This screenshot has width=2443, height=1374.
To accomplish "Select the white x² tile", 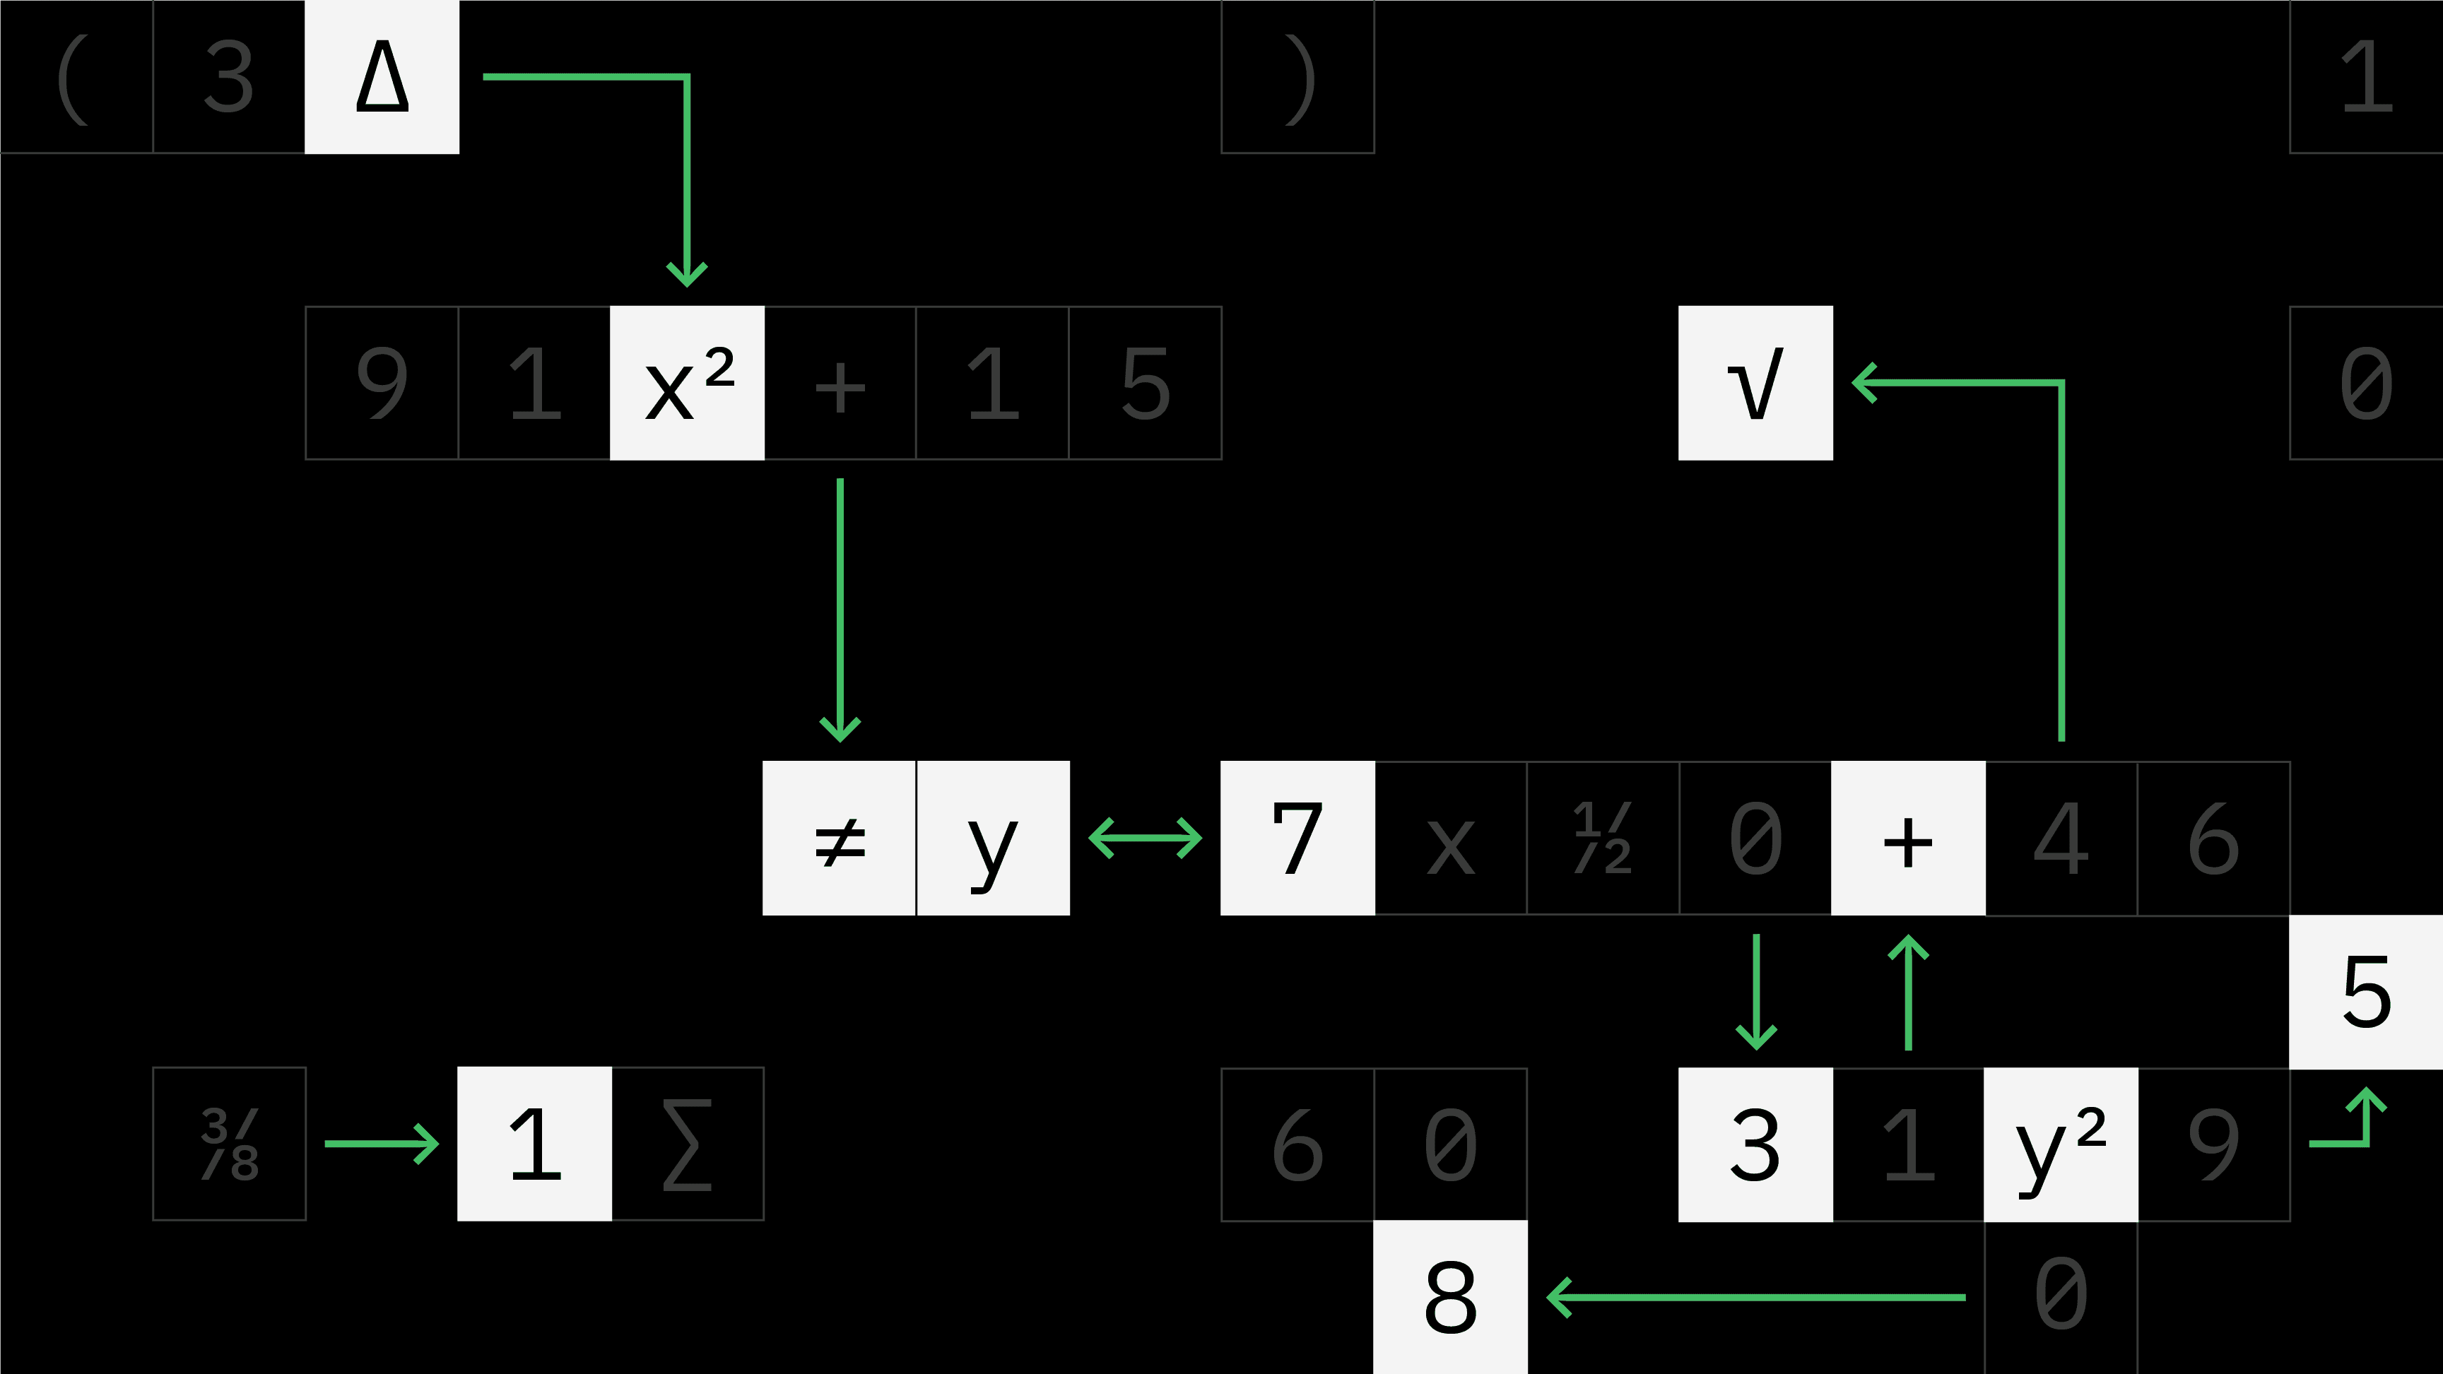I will [687, 383].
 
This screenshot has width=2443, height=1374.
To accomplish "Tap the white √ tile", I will [1755, 383].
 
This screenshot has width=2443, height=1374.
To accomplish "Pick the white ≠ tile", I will [840, 839].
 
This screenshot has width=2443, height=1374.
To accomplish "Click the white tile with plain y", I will [993, 839].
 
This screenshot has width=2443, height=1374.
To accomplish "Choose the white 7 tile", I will [1297, 839].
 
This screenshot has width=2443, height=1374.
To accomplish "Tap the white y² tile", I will [2060, 1144].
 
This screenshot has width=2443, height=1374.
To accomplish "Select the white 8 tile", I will [1450, 1296].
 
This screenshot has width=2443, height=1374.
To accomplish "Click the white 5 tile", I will [2366, 992].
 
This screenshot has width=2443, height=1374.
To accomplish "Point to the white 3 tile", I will [1755, 1144].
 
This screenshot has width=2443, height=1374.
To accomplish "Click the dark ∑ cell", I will [688, 1144].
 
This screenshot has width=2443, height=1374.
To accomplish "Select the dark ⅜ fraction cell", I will [230, 1144].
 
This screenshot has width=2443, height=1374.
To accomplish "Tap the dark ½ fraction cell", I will [1603, 839].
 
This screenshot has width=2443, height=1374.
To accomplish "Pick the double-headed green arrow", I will [1146, 839].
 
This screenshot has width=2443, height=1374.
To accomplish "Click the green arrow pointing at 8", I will [1755, 1296].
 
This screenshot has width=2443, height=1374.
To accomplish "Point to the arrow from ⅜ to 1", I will [381, 1144].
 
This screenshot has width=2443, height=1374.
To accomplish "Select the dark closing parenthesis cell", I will [1297, 77].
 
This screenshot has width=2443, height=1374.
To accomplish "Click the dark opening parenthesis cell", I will [76, 77].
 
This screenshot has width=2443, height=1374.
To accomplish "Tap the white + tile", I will [1908, 839].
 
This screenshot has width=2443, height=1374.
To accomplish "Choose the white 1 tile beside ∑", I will [534, 1144].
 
